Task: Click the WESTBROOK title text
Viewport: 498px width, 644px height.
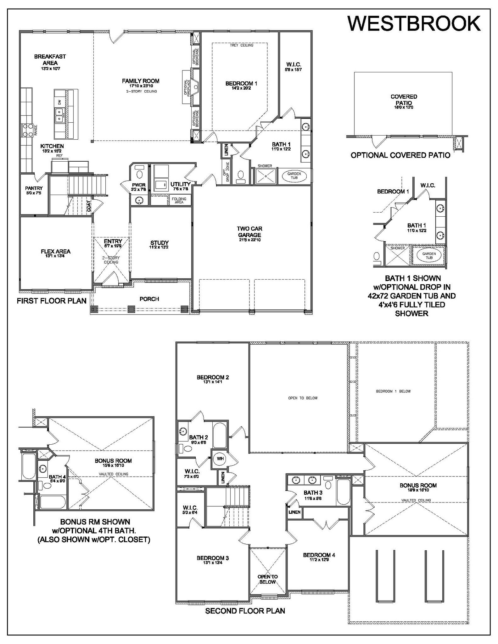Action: tap(414, 24)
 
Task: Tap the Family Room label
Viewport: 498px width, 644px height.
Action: tap(141, 81)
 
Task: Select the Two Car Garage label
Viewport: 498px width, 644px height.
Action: tap(249, 232)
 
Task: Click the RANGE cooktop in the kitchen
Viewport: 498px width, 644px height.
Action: tap(27, 130)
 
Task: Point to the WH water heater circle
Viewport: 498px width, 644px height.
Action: tap(220, 459)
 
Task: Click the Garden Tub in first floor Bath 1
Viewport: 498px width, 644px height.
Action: tap(294, 176)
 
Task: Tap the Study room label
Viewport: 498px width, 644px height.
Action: tap(159, 243)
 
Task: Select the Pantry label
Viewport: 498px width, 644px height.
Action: tap(34, 188)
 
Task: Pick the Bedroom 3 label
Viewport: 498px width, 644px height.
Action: tap(213, 558)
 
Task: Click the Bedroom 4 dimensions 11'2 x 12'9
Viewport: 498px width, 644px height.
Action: tap(319, 560)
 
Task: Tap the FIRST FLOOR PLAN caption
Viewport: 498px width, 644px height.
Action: tap(52, 301)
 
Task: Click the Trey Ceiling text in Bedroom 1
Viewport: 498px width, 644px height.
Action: tap(242, 46)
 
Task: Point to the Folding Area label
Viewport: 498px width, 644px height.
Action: tap(179, 200)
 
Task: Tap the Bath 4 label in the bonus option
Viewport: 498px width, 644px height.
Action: tap(57, 477)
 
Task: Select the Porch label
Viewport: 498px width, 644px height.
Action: tap(149, 299)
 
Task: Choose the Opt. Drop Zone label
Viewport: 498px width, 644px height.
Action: tap(226, 172)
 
